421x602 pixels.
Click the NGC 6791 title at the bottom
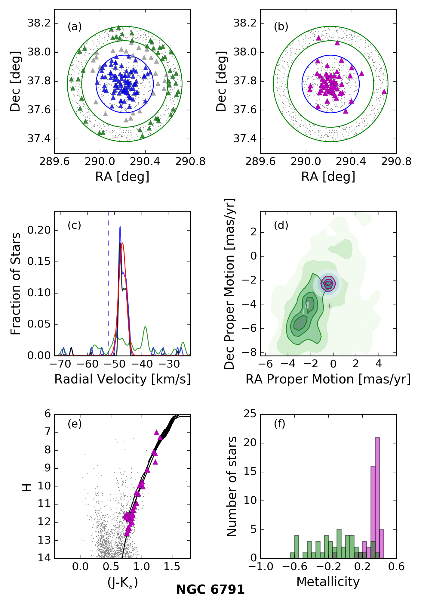coord(210,589)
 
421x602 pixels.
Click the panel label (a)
coord(75,27)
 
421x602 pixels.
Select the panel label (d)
coord(281,225)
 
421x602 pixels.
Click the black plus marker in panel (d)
coord(330,306)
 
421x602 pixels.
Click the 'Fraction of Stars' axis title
coord(16,284)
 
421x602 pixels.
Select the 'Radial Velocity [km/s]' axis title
coord(122,379)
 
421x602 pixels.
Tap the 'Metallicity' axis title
coord(328,582)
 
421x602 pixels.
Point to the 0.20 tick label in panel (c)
coord(39,230)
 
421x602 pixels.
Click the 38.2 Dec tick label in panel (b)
coord(245,23)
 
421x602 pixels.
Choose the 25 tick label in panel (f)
coord(250,414)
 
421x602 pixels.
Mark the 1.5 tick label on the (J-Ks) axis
coord(172,566)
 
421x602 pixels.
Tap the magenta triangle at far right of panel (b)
coord(384,92)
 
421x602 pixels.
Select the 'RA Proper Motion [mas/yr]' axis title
coord(328,379)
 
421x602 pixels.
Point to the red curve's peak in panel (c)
coord(122,243)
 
